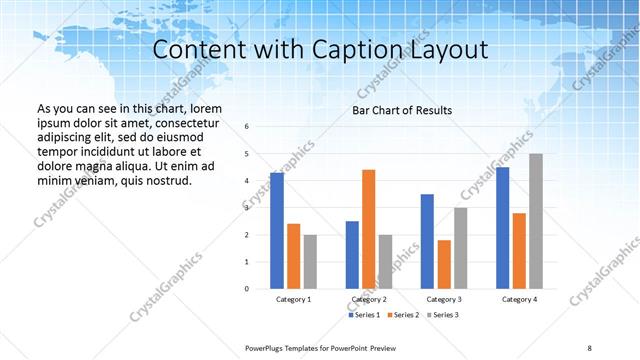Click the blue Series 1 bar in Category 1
click(277, 231)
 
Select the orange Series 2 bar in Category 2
click(368, 229)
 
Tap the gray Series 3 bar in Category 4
click(536, 221)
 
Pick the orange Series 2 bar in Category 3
click(444, 264)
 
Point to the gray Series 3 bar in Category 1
click(310, 261)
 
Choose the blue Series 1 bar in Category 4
click(502, 228)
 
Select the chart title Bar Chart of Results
click(402, 110)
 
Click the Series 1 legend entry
click(364, 315)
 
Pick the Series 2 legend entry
click(403, 315)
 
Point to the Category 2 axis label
click(369, 299)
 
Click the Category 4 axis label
click(519, 299)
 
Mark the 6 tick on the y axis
click(246, 127)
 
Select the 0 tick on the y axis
click(246, 289)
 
